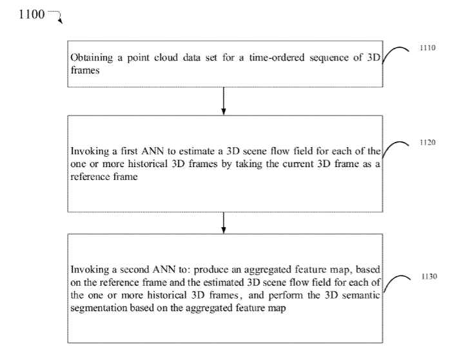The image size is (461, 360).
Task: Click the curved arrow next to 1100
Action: click(x=57, y=17)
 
